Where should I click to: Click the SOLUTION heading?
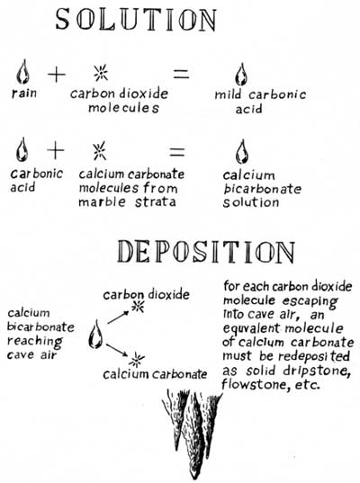tap(136, 20)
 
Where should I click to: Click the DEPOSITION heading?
tap(206, 252)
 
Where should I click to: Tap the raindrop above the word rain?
tap(22, 72)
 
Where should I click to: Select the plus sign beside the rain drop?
tap(57, 75)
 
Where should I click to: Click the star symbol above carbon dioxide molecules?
tap(101, 73)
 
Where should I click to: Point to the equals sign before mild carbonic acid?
tap(181, 75)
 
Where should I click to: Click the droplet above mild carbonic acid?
tap(241, 75)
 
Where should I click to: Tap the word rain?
tap(24, 93)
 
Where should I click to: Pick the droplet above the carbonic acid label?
tap(22, 149)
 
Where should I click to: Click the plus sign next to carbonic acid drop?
tap(56, 151)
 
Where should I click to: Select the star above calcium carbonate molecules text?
tap(99, 151)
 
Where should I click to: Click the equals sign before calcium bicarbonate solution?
tap(177, 151)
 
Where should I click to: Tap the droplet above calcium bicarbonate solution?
tap(242, 151)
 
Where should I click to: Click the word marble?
tap(102, 201)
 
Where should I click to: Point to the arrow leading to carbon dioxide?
tap(118, 317)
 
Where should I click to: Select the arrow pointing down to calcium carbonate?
tap(117, 350)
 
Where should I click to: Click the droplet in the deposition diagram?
tap(95, 335)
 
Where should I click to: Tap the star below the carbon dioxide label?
tap(138, 307)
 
